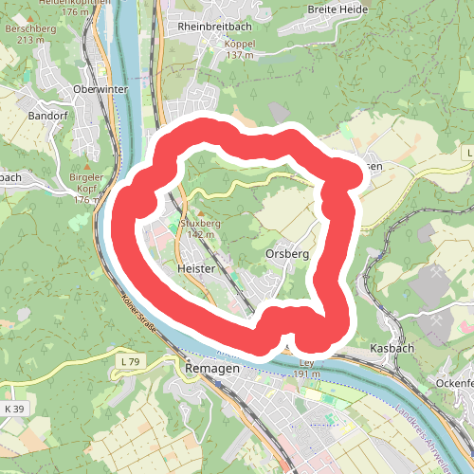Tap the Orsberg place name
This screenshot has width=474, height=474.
pos(287,255)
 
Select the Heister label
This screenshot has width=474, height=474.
pos(196,269)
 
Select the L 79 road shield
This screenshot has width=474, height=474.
pos(130,362)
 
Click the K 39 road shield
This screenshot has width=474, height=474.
pos(13,409)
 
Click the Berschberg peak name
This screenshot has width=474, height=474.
pos(24,29)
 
